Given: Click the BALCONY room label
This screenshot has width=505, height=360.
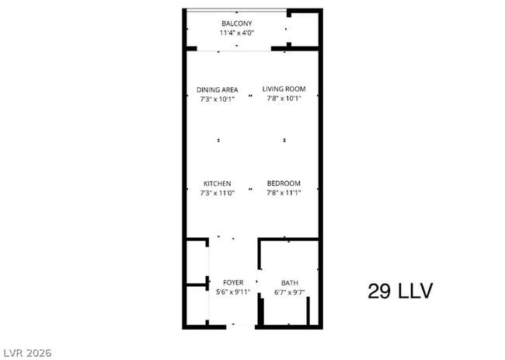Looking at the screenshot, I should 237,24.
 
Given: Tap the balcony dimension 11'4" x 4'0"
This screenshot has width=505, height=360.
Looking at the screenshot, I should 237,33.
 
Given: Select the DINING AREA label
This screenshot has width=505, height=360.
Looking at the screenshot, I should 217,89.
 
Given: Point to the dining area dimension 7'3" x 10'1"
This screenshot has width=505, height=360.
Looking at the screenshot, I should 217,99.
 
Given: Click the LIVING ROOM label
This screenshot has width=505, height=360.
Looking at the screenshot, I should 283,89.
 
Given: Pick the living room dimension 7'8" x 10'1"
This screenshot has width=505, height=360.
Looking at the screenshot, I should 283,99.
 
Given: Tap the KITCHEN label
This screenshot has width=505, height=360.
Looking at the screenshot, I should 217,183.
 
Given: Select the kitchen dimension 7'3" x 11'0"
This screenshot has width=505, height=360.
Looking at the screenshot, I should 217,192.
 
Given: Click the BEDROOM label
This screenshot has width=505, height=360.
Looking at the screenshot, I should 283,183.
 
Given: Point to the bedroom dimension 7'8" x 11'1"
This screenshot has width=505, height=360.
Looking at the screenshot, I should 283,192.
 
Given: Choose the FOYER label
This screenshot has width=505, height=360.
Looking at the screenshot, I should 233,283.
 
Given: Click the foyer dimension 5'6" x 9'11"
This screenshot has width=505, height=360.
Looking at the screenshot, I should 233,292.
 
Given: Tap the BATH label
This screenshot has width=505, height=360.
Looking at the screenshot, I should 289,283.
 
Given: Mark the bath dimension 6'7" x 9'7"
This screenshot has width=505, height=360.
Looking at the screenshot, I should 289,292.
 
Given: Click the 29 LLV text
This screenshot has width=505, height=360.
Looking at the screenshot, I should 399,292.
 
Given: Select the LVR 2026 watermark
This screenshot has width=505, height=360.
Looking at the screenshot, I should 27,352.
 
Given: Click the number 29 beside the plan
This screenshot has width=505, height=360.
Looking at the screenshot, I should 378,292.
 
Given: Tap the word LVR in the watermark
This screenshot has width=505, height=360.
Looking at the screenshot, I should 13,352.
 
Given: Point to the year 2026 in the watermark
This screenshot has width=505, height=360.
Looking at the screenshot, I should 38,352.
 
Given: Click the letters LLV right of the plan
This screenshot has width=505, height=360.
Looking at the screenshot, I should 413,292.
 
